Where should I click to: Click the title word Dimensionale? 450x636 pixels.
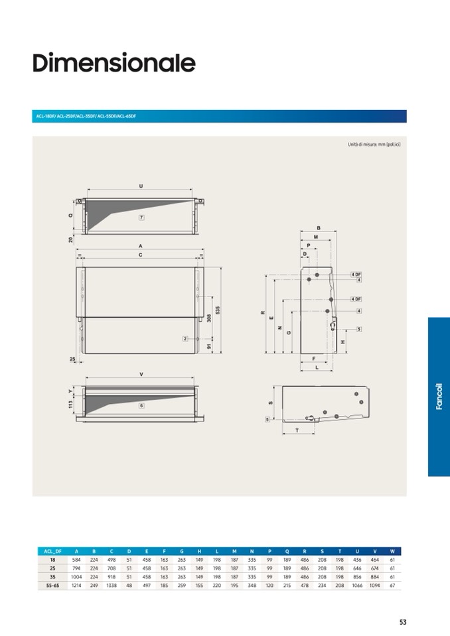point(113,64)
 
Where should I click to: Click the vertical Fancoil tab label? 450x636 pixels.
point(439,397)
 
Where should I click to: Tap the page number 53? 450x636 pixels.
point(403,622)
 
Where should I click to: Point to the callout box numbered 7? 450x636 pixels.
point(141,218)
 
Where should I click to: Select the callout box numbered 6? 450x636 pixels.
point(141,405)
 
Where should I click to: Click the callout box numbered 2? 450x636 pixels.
point(186,338)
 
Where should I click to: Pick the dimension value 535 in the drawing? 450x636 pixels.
point(217,310)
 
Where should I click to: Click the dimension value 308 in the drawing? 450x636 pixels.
point(208,318)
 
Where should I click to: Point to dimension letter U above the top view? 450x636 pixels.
point(141,186)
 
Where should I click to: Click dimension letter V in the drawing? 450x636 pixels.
point(141,375)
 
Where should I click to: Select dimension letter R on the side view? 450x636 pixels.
point(263,312)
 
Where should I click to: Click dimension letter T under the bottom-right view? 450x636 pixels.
point(296,430)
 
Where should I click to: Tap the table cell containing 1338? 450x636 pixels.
point(112,586)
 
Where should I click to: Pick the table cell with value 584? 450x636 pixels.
point(76,560)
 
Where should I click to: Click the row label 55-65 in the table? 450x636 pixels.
point(52,586)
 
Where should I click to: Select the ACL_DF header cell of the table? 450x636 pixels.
point(52,551)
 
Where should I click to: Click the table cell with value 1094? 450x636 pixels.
point(374,586)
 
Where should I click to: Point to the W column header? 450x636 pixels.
point(392,551)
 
